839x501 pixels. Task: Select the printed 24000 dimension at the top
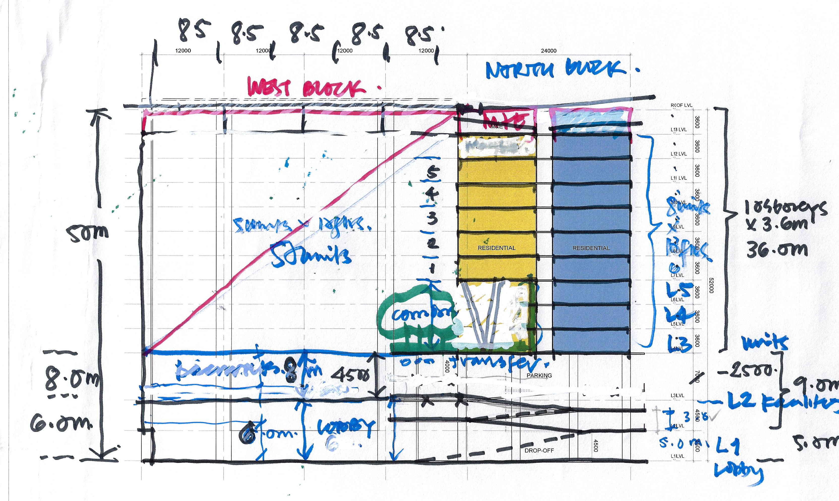click(548, 51)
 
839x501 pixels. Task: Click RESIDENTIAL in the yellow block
click(496, 248)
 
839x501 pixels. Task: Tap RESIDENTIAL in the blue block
click(591, 248)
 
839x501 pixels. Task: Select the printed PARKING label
click(539, 375)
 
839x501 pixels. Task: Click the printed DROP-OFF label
click(539, 450)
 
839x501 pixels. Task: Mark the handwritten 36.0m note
click(777, 250)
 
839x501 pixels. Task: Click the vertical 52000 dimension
click(711, 285)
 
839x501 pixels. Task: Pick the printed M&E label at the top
click(496, 127)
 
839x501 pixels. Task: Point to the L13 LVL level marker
click(678, 130)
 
